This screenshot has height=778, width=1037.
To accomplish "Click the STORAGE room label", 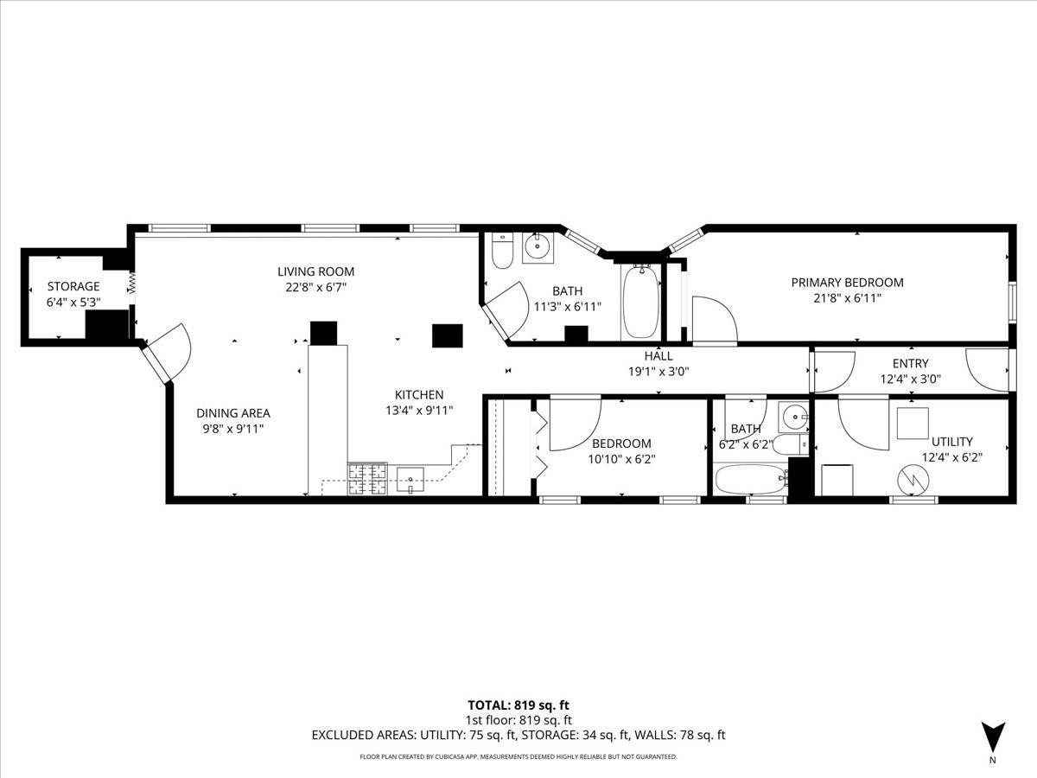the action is (73, 286).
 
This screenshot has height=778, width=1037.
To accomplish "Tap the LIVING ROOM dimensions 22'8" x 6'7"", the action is (316, 287).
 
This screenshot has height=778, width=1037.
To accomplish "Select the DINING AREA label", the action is (233, 413).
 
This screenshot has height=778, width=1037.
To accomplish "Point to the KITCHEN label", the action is (419, 395).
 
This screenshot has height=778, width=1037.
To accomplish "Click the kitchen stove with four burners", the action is (367, 479).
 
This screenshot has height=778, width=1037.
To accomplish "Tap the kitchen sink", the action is (410, 480).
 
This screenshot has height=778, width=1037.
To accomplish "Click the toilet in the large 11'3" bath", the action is (502, 251).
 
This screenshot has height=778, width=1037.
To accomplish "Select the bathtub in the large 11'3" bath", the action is (641, 302).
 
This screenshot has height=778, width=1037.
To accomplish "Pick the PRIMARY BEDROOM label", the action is (847, 283).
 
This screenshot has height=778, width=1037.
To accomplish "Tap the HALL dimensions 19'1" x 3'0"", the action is (658, 372).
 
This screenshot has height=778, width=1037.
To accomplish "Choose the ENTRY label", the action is (910, 363).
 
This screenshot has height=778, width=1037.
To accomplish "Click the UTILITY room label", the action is (952, 442).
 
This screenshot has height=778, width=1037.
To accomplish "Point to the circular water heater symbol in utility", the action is (913, 481).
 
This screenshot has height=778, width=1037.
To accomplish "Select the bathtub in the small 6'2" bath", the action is (751, 479).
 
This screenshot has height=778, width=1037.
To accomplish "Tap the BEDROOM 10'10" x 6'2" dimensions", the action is (621, 459).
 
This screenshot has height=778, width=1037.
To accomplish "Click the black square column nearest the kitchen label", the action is (448, 336).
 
